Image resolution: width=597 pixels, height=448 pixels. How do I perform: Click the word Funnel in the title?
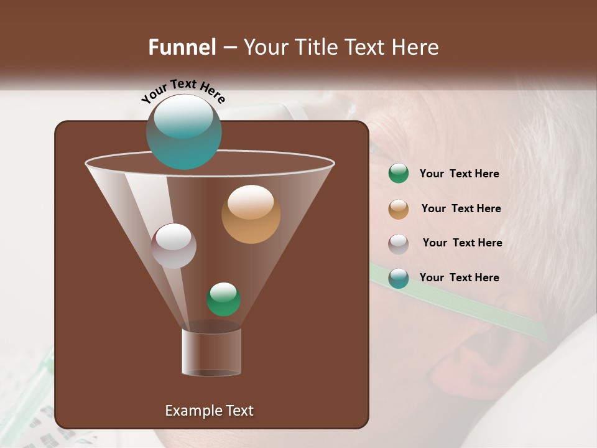click(x=182, y=47)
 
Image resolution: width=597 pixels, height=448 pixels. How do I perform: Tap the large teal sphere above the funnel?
click(x=183, y=132)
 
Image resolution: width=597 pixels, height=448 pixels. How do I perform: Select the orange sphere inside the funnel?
click(x=251, y=214)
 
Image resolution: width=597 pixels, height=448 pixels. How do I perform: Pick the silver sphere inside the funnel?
click(x=174, y=246)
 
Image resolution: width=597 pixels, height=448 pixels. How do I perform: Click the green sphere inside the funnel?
click(x=223, y=299)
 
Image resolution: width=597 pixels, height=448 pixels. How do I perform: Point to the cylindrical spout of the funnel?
click(x=211, y=352)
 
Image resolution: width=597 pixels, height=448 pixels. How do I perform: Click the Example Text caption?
click(x=209, y=411)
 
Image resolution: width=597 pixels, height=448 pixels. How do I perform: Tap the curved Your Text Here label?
click(x=183, y=91)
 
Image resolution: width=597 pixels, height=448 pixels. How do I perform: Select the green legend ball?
click(x=399, y=174)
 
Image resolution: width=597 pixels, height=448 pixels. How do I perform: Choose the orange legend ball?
click(x=399, y=209)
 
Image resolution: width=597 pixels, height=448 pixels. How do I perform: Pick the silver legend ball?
click(x=399, y=244)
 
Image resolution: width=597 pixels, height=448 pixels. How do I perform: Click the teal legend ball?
click(x=399, y=278)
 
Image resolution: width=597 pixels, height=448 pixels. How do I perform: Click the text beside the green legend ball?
click(x=459, y=174)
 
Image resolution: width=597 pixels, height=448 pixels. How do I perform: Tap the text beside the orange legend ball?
click(x=461, y=209)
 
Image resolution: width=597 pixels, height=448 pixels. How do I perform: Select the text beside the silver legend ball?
click(x=462, y=243)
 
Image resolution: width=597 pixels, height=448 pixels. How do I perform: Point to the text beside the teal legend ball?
click(x=459, y=278)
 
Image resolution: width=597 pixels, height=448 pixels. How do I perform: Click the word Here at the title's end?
click(x=415, y=47)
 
